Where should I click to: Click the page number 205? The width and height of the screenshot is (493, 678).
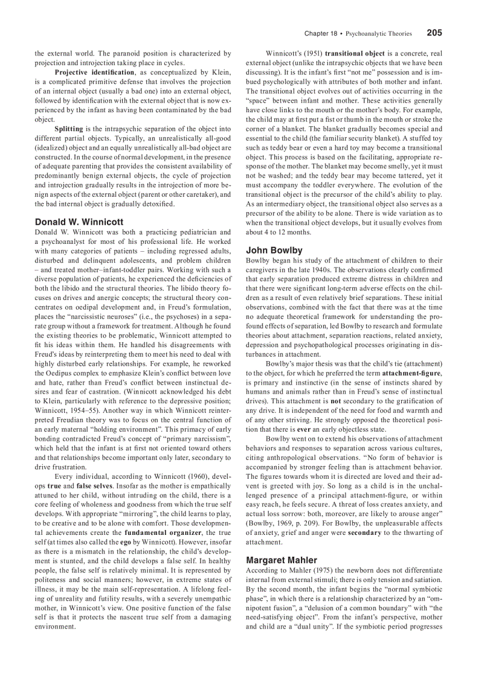(x=434, y=33)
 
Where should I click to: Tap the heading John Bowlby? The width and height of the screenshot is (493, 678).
(x=274, y=250)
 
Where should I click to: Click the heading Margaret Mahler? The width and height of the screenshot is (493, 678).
(x=282, y=560)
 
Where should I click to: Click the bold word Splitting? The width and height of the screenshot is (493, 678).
(x=69, y=129)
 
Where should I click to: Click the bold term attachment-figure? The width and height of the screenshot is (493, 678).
(x=411, y=373)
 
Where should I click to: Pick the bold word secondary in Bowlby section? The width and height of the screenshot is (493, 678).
(x=364, y=532)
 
